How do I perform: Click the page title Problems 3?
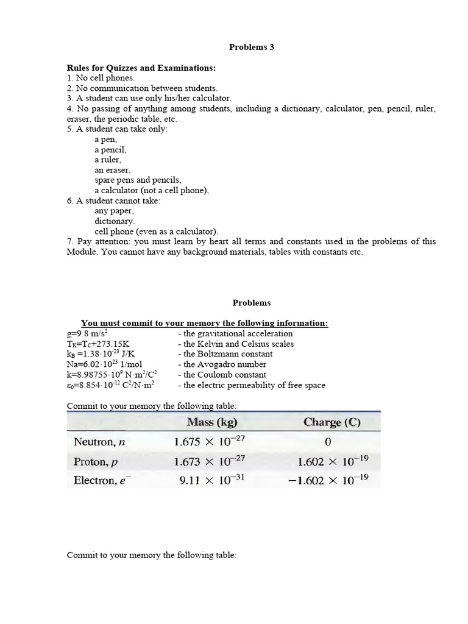point(251,47)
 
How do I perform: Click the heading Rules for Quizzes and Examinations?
point(141,68)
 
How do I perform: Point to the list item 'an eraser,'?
point(112,170)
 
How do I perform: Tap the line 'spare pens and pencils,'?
point(138,180)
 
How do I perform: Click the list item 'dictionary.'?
point(115,221)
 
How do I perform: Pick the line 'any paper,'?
point(114,211)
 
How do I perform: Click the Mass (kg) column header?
point(211,422)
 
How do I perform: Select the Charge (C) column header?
point(331,422)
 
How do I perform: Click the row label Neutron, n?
point(99,441)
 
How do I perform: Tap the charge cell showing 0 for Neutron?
point(327,441)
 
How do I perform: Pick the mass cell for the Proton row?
point(208,461)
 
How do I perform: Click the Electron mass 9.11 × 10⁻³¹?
point(211,481)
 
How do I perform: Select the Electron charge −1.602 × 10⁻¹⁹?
point(327,481)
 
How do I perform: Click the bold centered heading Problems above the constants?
point(251,303)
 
